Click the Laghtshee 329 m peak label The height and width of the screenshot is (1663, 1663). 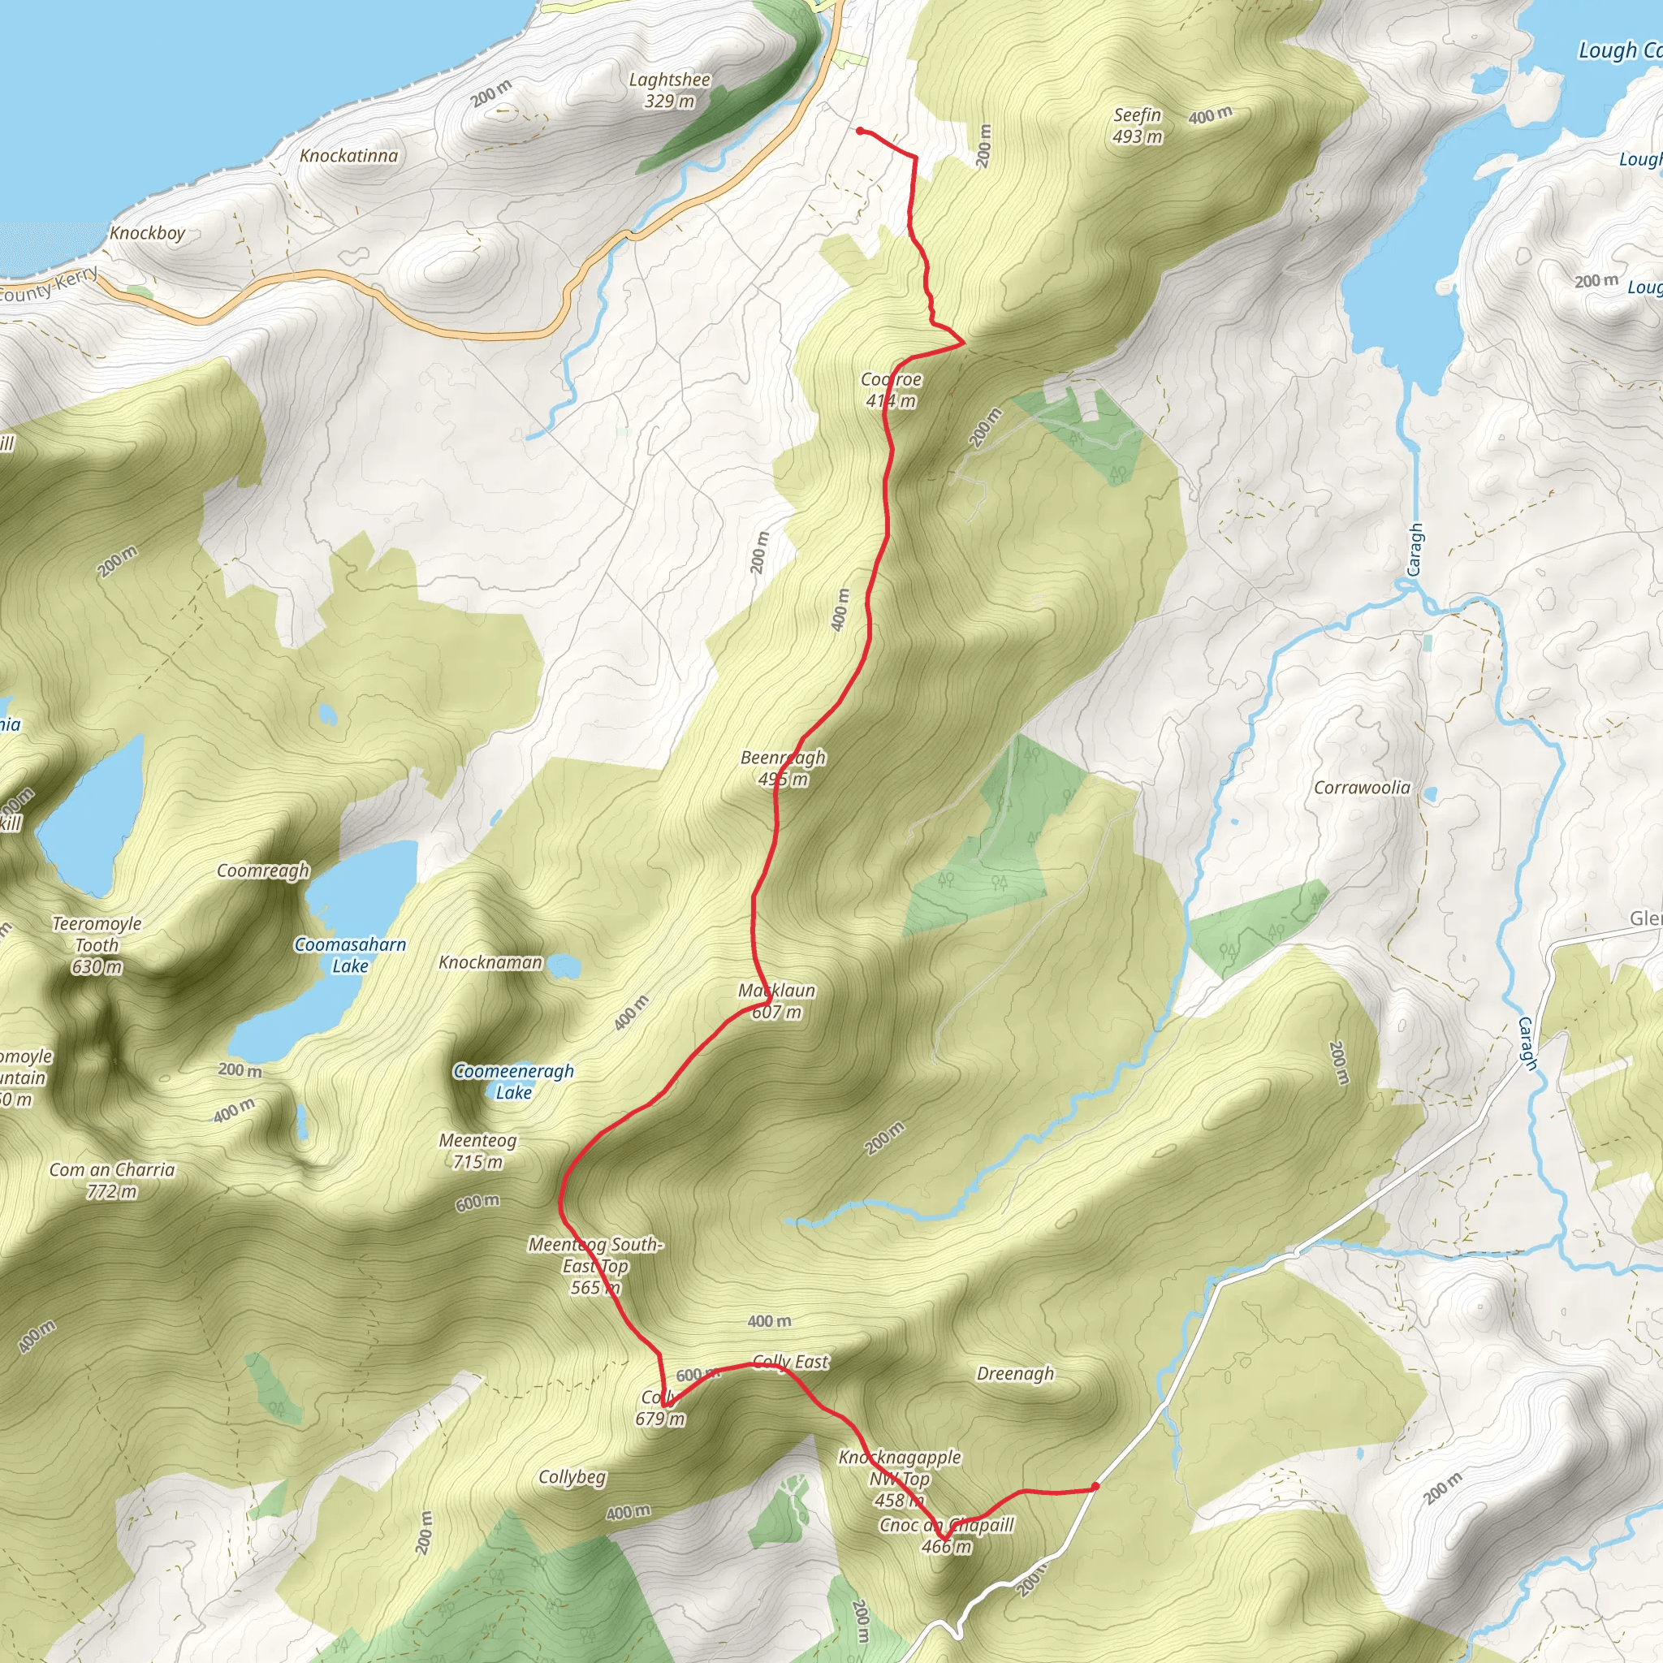coord(669,90)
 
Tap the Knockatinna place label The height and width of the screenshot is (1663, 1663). coord(348,156)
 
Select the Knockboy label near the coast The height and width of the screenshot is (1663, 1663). coord(147,233)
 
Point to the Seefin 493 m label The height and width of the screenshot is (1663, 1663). coord(1137,126)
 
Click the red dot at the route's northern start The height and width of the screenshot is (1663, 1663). coord(860,131)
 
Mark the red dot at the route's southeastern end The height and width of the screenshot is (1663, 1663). coord(1095,1486)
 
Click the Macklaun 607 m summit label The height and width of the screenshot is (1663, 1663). coord(776,1001)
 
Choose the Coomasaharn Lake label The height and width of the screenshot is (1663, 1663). coord(349,955)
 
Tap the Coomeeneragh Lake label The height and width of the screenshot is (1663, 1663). coord(513,1081)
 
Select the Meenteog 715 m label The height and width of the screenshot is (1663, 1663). coord(477,1151)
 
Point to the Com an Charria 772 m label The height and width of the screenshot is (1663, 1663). coord(112,1180)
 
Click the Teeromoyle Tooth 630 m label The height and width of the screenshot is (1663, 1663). coord(97,945)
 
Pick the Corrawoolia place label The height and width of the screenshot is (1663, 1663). coord(1362,788)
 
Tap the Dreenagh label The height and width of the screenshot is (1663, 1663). coord(1015,1374)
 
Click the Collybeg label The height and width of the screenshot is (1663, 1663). coord(572,1477)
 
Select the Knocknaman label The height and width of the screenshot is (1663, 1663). coord(490,962)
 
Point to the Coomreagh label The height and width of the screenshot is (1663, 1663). coord(262,871)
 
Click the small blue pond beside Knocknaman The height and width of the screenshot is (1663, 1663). coord(564,965)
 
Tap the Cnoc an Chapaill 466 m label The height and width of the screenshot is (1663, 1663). coord(947,1536)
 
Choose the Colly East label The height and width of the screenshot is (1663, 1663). coord(790,1362)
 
